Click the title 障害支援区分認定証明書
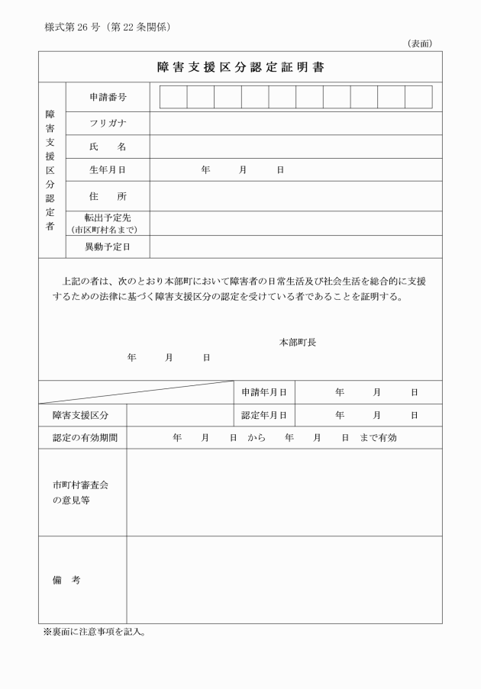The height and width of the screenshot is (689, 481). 240,67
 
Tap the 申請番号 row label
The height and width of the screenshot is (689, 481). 108,98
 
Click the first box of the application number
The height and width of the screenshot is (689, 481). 173,98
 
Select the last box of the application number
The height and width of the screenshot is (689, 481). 418,98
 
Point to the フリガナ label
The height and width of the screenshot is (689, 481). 108,124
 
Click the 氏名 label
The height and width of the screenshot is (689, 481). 108,146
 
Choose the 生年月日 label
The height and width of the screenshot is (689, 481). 108,169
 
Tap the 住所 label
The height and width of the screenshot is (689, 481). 108,196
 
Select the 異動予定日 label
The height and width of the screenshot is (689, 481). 108,246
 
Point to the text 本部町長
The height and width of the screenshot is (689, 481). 298,343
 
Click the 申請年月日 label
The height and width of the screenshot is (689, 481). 263,392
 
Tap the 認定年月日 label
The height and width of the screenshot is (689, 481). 263,415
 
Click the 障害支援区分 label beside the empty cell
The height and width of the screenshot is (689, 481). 80,415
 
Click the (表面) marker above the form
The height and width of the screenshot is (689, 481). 420,43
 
